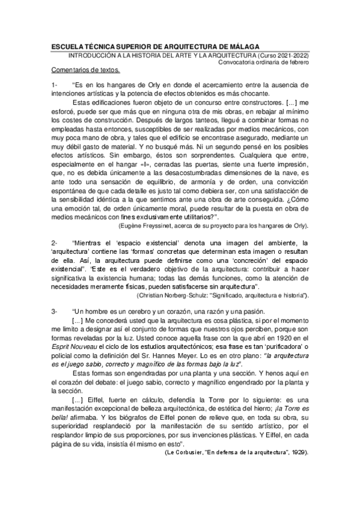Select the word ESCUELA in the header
click(x=69, y=46)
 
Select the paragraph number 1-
click(x=55, y=85)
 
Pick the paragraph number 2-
click(x=55, y=243)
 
